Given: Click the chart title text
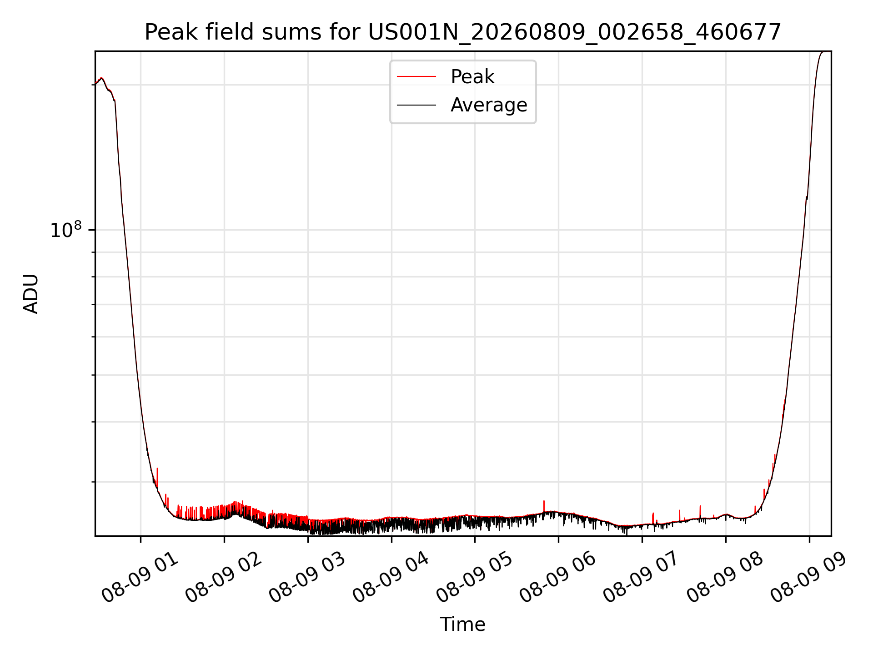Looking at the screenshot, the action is [463, 32].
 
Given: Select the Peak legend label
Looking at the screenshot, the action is [472, 76].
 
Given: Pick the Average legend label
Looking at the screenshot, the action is [489, 105].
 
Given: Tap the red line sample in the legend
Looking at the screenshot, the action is [416, 76].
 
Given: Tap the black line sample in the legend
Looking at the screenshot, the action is [416, 105].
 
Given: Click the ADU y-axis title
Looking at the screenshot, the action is [31, 294].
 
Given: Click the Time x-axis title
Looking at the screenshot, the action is [462, 625].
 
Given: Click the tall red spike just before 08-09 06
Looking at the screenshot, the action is [544, 506].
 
